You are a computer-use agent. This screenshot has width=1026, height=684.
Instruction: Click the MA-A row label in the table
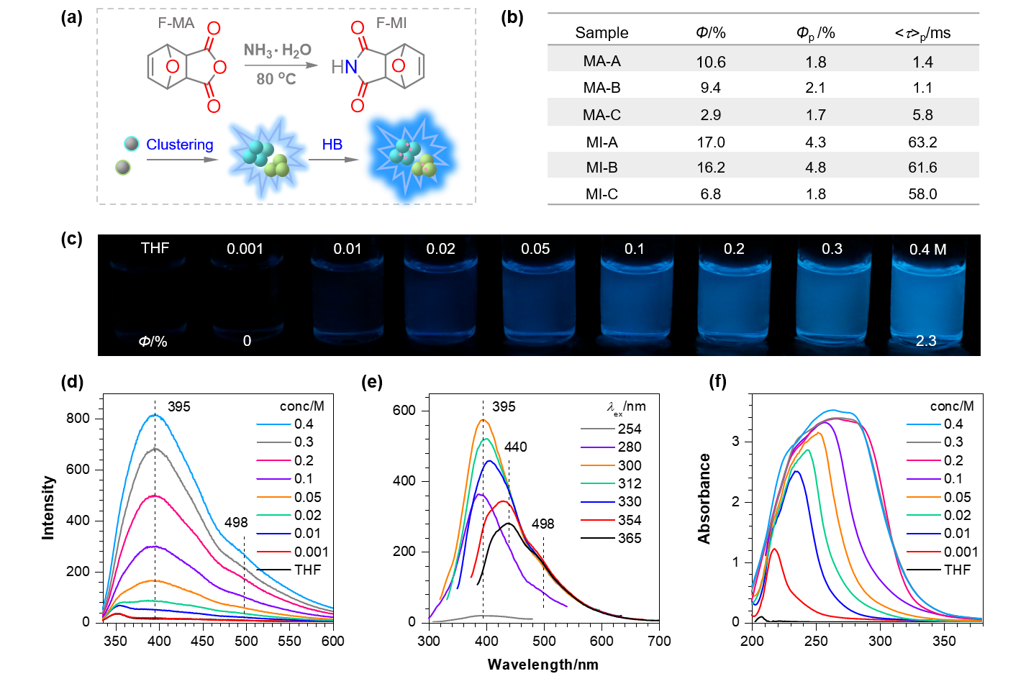[x=601, y=61]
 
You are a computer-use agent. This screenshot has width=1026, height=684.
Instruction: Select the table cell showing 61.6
[x=922, y=168]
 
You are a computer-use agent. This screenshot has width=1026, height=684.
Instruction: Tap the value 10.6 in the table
[x=711, y=62]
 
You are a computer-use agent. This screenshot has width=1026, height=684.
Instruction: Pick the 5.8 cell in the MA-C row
[x=922, y=115]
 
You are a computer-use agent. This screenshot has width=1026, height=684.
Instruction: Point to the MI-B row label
[x=601, y=168]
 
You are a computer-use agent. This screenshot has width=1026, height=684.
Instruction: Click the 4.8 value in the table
[x=816, y=168]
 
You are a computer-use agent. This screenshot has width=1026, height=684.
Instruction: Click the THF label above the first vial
[x=155, y=248]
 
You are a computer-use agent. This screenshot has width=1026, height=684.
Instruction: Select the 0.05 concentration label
[x=535, y=249]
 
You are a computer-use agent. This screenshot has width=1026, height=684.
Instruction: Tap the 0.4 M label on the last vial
[x=927, y=250]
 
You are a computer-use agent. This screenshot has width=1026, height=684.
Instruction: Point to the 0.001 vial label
[x=245, y=249]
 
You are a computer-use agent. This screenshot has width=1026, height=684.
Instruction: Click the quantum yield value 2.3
[x=926, y=341]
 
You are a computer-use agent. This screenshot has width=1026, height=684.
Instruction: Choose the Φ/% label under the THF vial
[x=153, y=342]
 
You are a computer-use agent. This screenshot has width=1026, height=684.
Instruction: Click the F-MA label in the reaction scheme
[x=176, y=23]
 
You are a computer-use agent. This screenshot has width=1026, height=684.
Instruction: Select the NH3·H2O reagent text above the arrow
[x=278, y=50]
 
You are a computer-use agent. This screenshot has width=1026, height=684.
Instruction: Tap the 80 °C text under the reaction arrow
[x=276, y=78]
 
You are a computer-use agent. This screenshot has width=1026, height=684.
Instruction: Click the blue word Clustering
[x=180, y=145]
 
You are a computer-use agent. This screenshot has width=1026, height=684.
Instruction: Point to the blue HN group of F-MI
[x=345, y=67]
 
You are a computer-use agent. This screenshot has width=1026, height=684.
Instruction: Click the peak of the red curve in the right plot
[x=775, y=549]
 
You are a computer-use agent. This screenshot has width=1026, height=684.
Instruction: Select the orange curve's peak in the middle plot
[x=484, y=419]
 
